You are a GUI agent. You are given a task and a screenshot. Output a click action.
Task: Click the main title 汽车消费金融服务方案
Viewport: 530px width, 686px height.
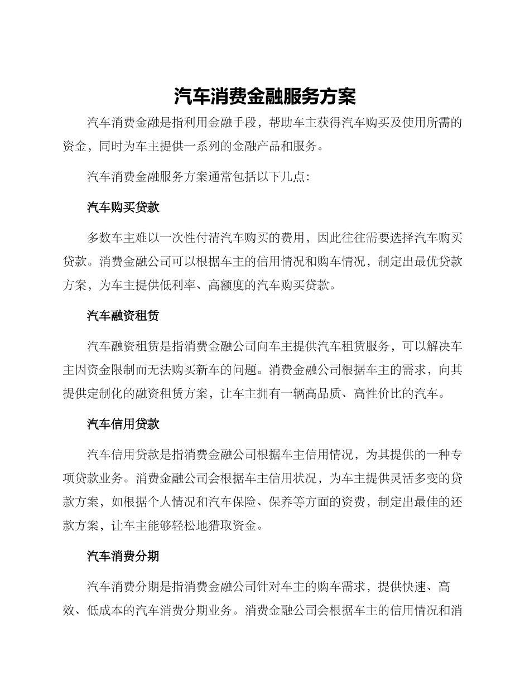pyautogui.click(x=264, y=96)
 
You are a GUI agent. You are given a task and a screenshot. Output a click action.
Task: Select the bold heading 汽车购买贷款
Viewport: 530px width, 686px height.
pyautogui.click(x=123, y=207)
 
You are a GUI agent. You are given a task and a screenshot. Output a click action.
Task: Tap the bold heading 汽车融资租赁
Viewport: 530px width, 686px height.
pyautogui.click(x=123, y=316)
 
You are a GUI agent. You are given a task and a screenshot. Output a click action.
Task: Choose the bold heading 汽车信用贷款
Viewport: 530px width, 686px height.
pyautogui.click(x=123, y=424)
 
